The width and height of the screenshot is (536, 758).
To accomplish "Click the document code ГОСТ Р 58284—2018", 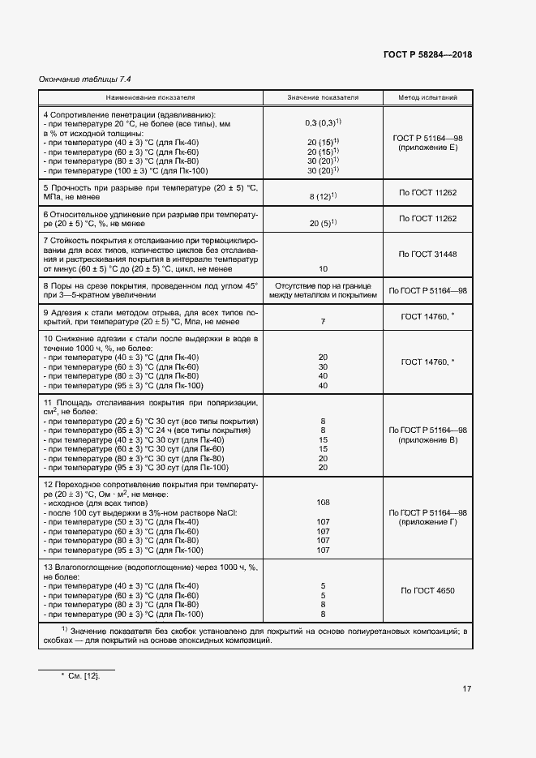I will pyautogui.click(x=427, y=55).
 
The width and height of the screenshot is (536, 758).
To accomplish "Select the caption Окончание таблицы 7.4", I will pyautogui.click(x=85, y=79).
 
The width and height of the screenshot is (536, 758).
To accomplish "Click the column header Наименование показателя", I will pyautogui.click(x=148, y=97).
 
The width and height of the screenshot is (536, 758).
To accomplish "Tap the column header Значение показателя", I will pyautogui.click(x=323, y=97).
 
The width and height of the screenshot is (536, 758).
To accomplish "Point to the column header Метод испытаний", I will pyautogui.click(x=427, y=97).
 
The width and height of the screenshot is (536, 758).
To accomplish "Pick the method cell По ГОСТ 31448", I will pyautogui.click(x=427, y=254).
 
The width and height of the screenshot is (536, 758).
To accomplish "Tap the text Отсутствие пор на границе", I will pyautogui.click(x=323, y=285).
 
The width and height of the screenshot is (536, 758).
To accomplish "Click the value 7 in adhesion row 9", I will pyautogui.click(x=323, y=322).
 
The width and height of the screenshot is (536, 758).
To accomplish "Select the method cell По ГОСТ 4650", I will pyautogui.click(x=427, y=590).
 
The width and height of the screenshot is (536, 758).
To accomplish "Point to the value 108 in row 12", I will pyautogui.click(x=323, y=502).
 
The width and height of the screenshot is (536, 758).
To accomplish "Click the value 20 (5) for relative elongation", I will pyautogui.click(x=323, y=223).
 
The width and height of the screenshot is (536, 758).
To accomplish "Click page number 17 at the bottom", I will pyautogui.click(x=466, y=689).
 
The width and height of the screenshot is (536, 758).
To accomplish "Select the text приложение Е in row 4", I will pyautogui.click(x=427, y=148).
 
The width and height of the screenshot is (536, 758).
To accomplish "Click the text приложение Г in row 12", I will pyautogui.click(x=427, y=523).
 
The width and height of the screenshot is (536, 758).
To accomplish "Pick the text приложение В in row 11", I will pyautogui.click(x=427, y=439).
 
